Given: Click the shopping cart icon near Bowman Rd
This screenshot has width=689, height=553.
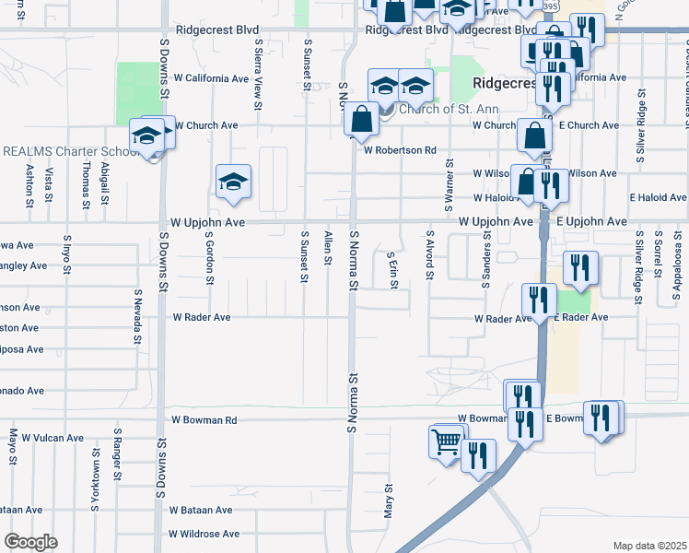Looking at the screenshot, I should [447, 442].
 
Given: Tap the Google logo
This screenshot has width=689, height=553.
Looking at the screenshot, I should [30, 542].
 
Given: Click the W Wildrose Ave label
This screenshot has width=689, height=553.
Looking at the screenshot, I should [204, 534].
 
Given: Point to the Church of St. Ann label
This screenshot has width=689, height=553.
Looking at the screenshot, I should [439, 110].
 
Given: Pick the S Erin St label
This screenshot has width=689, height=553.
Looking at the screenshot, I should [391, 270].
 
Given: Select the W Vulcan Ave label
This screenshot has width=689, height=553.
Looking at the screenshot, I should [53, 437].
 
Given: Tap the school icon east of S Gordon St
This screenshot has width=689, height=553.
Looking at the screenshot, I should [234, 181].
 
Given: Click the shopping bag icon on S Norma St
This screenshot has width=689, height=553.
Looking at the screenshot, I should [362, 119].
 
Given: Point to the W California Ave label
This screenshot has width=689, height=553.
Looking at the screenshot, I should [212, 78].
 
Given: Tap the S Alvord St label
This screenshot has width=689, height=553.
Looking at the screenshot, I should [429, 256].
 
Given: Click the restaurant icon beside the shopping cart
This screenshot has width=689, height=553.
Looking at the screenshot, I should [478, 455].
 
